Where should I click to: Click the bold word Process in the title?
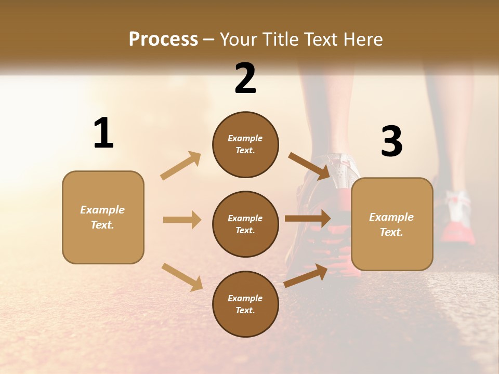coord(163,39)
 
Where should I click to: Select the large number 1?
coord(103,133)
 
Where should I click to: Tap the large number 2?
coord(245,78)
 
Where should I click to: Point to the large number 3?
coord(391,142)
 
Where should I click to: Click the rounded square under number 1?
coord(103,217)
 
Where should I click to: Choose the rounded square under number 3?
coord(392,224)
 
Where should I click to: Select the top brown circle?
coord(245,144)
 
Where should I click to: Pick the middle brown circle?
coord(245,224)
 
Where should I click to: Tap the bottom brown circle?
coord(245,304)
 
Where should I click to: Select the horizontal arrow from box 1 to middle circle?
coord(182,220)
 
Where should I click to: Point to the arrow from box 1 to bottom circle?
coord(182,276)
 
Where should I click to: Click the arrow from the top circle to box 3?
coord(309,165)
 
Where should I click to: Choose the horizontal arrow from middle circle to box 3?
coord(307,219)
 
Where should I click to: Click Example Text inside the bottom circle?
coord(245,304)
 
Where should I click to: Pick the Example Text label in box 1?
coord(102,217)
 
